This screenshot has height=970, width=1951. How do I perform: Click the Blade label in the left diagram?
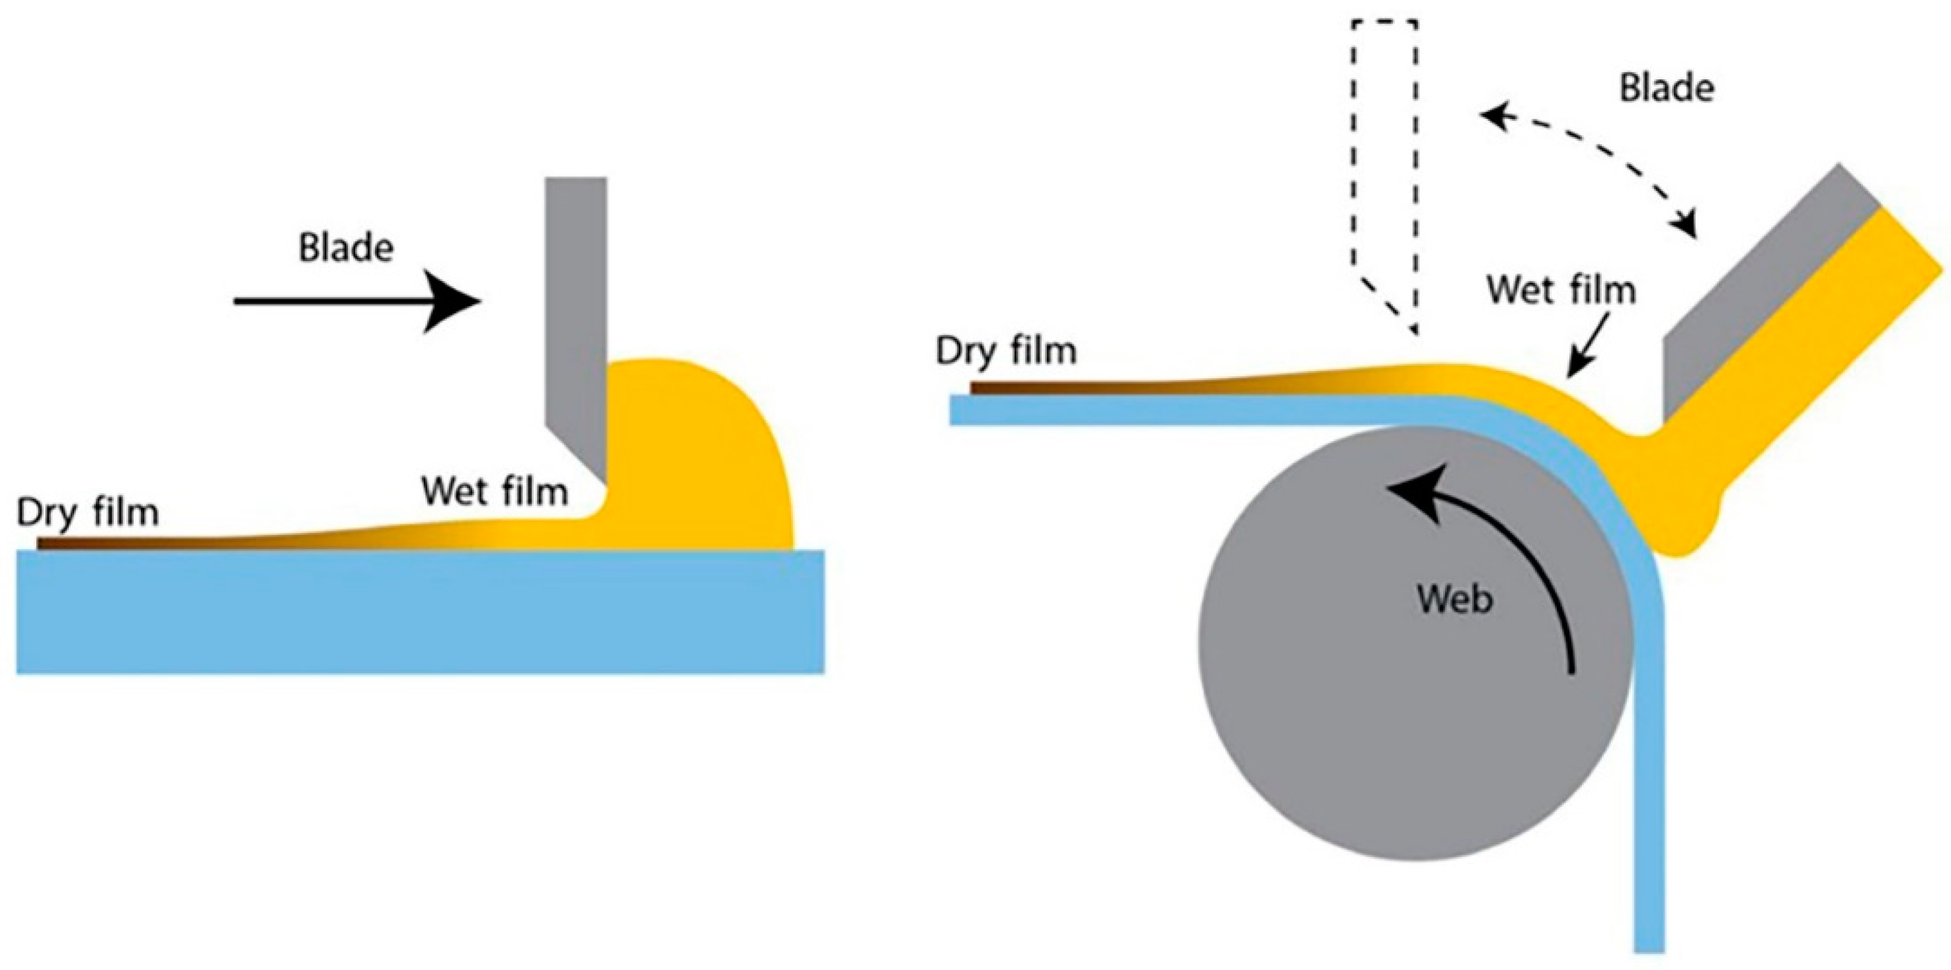click(x=345, y=249)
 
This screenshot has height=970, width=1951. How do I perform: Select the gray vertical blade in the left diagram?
click(x=575, y=303)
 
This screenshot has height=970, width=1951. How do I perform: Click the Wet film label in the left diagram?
click(x=495, y=492)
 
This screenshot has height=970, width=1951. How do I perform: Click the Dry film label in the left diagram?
click(x=88, y=513)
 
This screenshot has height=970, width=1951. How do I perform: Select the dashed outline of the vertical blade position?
click(x=1384, y=151)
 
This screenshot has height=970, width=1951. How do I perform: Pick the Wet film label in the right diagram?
click(x=1561, y=291)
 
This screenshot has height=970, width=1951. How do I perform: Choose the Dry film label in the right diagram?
click(x=1006, y=351)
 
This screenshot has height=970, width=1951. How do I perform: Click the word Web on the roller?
click(x=1454, y=600)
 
